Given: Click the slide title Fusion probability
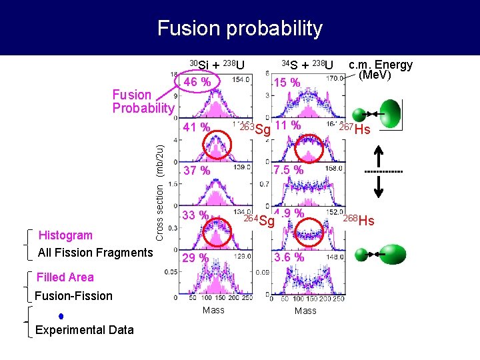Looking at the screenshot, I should [240, 28].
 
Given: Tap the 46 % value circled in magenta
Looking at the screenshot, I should [197, 82].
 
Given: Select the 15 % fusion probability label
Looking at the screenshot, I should [288, 83].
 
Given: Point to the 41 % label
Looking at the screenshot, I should [197, 127].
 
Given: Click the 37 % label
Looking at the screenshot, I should [197, 171].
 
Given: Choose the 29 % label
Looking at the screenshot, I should [197, 258].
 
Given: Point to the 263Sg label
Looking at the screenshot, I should [256, 129].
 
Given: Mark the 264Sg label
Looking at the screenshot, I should [259, 220].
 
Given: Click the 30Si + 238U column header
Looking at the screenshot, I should [217, 65].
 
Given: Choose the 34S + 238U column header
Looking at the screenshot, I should [307, 65].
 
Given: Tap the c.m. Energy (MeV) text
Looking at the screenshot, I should [381, 69].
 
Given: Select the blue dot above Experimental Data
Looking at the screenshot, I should [61, 315].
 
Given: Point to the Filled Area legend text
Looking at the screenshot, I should [65, 277].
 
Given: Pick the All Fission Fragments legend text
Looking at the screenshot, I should [95, 252].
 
